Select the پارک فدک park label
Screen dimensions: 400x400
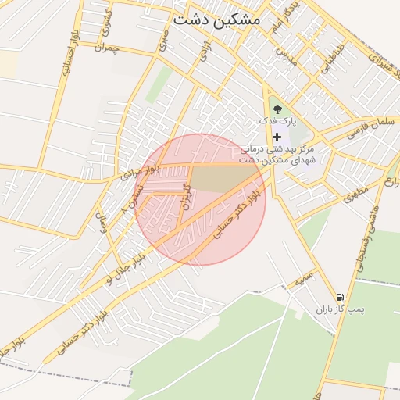click(279, 122)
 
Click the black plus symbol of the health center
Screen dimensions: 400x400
click(277, 136)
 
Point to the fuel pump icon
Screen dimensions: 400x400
click(339, 298)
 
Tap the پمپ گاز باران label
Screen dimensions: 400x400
click(341, 310)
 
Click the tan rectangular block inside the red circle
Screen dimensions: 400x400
click(221, 177)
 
